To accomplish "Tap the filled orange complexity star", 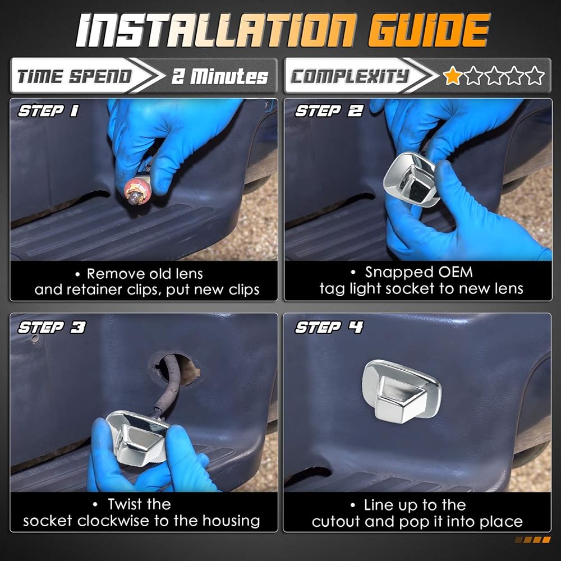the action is (x=452, y=76).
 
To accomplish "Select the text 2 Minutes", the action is (x=220, y=76).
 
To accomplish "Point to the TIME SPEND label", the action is (x=75, y=76).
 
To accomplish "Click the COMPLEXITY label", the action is (x=349, y=76).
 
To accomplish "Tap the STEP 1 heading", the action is (x=48, y=111).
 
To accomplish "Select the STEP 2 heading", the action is (x=329, y=111).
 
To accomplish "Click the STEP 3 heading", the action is (x=52, y=327).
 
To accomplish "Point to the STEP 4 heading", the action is (x=329, y=327).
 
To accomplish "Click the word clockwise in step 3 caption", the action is (x=115, y=521).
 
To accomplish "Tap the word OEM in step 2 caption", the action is (x=456, y=272).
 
